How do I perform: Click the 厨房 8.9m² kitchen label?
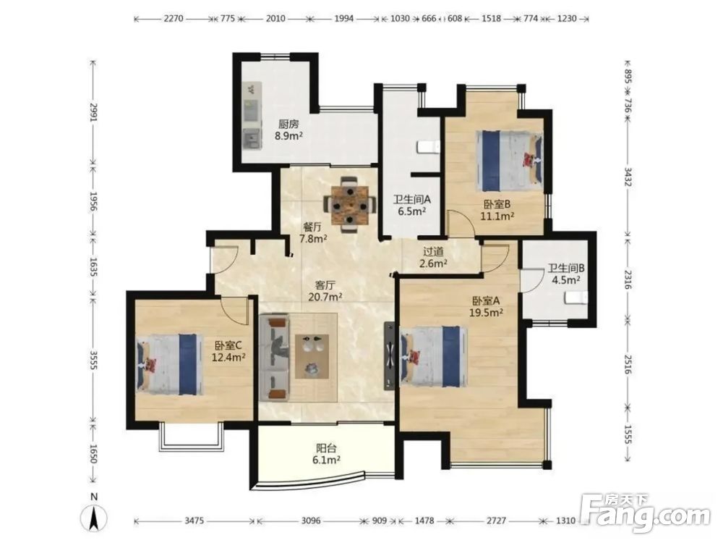click(x=288, y=130)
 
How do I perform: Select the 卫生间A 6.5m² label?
click(x=412, y=206)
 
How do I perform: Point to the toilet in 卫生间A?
click(x=428, y=147)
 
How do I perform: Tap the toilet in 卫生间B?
click(x=576, y=298)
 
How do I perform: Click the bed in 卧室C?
click(x=170, y=364)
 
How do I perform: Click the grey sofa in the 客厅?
click(x=274, y=358)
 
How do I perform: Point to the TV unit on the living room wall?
click(x=390, y=356)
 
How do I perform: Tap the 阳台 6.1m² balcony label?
click(x=327, y=453)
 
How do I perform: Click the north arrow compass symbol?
click(x=94, y=515)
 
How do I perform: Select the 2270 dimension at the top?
click(x=174, y=19)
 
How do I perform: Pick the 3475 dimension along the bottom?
click(x=194, y=521)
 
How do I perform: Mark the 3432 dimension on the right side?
click(x=627, y=177)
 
